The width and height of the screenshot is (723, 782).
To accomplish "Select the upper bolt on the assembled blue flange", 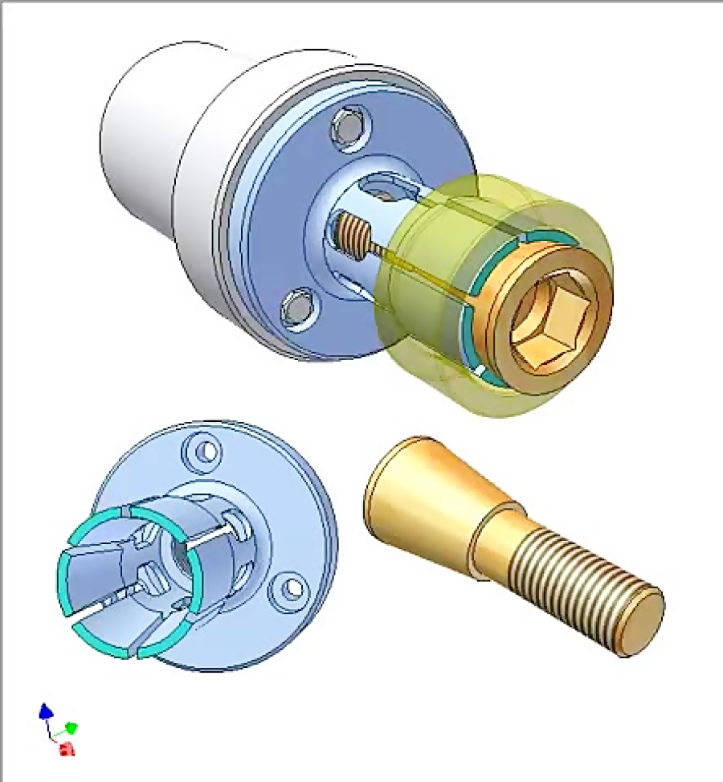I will (350, 127).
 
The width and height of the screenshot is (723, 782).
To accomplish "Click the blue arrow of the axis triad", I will (46, 711).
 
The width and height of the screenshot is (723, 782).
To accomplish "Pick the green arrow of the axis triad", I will (71, 728).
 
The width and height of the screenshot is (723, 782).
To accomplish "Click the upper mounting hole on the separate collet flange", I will (206, 451).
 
